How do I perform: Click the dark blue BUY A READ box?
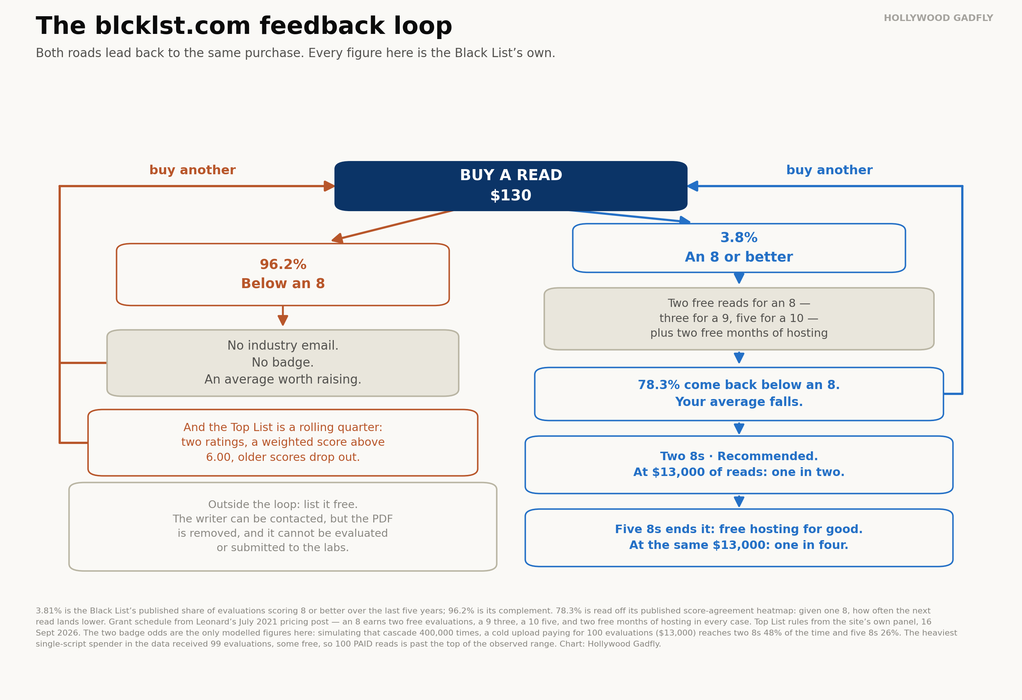[x=511, y=186]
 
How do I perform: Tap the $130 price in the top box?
[x=511, y=196]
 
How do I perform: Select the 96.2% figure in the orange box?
[x=283, y=264]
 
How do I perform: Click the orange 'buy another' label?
[x=193, y=170]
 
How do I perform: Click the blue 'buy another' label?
[x=829, y=170]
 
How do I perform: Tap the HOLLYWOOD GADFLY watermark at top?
[x=938, y=18]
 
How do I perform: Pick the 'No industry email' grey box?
[x=283, y=363]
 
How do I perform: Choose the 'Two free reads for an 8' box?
[x=739, y=319]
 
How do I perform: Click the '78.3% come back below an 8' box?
[x=739, y=394]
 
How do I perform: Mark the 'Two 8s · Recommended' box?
[x=739, y=465]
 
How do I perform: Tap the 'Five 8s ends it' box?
[x=739, y=538]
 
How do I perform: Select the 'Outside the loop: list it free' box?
[x=283, y=527]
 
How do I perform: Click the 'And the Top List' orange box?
[x=283, y=443]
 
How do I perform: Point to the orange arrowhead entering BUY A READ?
[x=329, y=186]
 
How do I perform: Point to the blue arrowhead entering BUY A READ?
[x=693, y=186]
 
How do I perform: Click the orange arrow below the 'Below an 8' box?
[x=283, y=316]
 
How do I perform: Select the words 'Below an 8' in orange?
[x=283, y=284]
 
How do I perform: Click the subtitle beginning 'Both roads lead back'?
[x=295, y=53]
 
